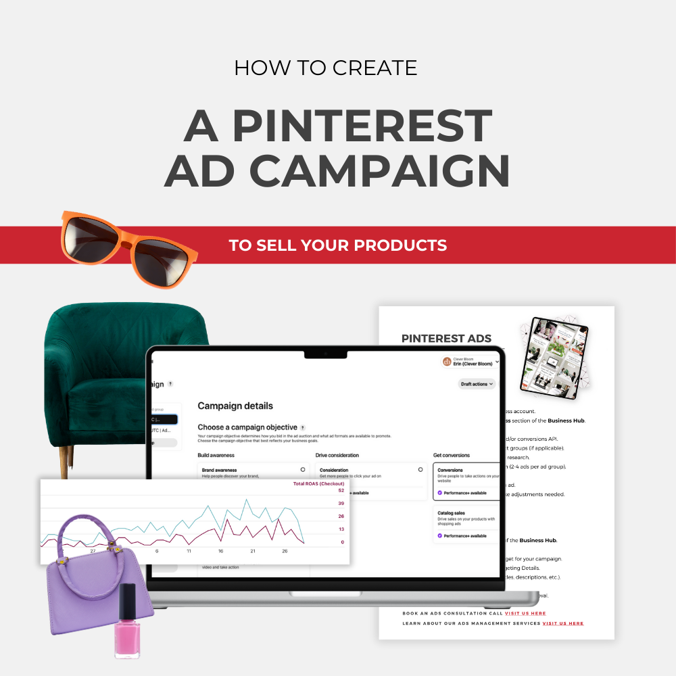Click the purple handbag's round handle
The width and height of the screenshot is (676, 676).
[85, 534]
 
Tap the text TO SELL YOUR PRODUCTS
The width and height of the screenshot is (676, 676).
[338, 245]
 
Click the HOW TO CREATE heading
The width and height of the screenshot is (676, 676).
[325, 68]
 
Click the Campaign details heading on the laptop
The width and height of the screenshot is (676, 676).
[235, 406]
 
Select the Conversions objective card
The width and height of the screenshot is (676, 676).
[466, 480]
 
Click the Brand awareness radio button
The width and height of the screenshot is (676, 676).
[302, 469]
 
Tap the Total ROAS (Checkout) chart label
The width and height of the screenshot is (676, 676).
[318, 484]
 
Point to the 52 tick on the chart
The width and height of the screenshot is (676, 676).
[341, 491]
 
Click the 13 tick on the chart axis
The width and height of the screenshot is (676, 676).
[341, 529]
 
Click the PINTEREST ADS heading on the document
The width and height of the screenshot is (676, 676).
[446, 339]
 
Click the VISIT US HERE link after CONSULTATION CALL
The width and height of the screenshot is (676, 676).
[525, 613]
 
